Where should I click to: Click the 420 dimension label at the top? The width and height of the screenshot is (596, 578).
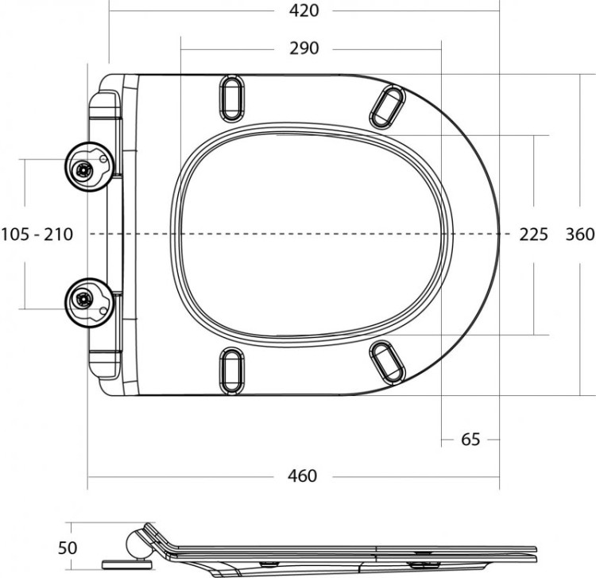(304, 10)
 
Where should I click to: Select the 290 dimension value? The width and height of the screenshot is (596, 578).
(304, 48)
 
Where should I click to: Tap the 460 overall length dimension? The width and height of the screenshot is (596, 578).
(302, 475)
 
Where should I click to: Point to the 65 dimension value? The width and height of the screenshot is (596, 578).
(470, 439)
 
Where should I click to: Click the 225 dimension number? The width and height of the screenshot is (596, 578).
(533, 235)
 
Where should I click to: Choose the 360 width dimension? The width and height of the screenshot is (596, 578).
(579, 235)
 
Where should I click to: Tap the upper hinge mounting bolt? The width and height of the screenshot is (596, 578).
(82, 169)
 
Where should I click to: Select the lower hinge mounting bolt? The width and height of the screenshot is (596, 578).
(82, 301)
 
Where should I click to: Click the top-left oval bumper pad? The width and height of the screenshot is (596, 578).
(231, 99)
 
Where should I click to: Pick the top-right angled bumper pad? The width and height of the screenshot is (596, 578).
(389, 106)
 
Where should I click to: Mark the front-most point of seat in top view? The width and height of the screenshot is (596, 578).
(499, 235)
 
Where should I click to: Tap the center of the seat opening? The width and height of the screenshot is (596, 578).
(312, 235)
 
